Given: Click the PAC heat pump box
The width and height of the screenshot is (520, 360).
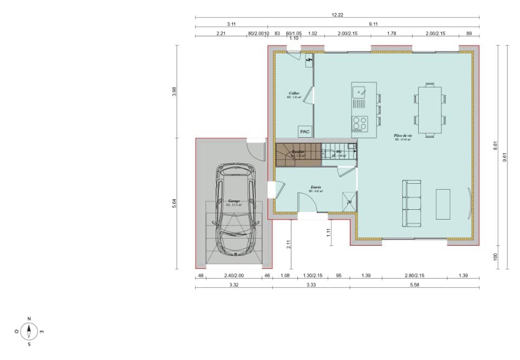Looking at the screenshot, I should (x=304, y=131).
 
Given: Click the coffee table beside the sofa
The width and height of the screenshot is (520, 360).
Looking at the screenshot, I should (x=443, y=204).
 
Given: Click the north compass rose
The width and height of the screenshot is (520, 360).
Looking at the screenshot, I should (x=29, y=330).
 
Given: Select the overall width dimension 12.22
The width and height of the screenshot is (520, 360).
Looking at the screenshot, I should (x=337, y=15).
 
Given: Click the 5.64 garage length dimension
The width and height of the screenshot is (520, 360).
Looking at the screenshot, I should (x=174, y=203).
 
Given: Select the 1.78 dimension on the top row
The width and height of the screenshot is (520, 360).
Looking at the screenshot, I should (x=392, y=34).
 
